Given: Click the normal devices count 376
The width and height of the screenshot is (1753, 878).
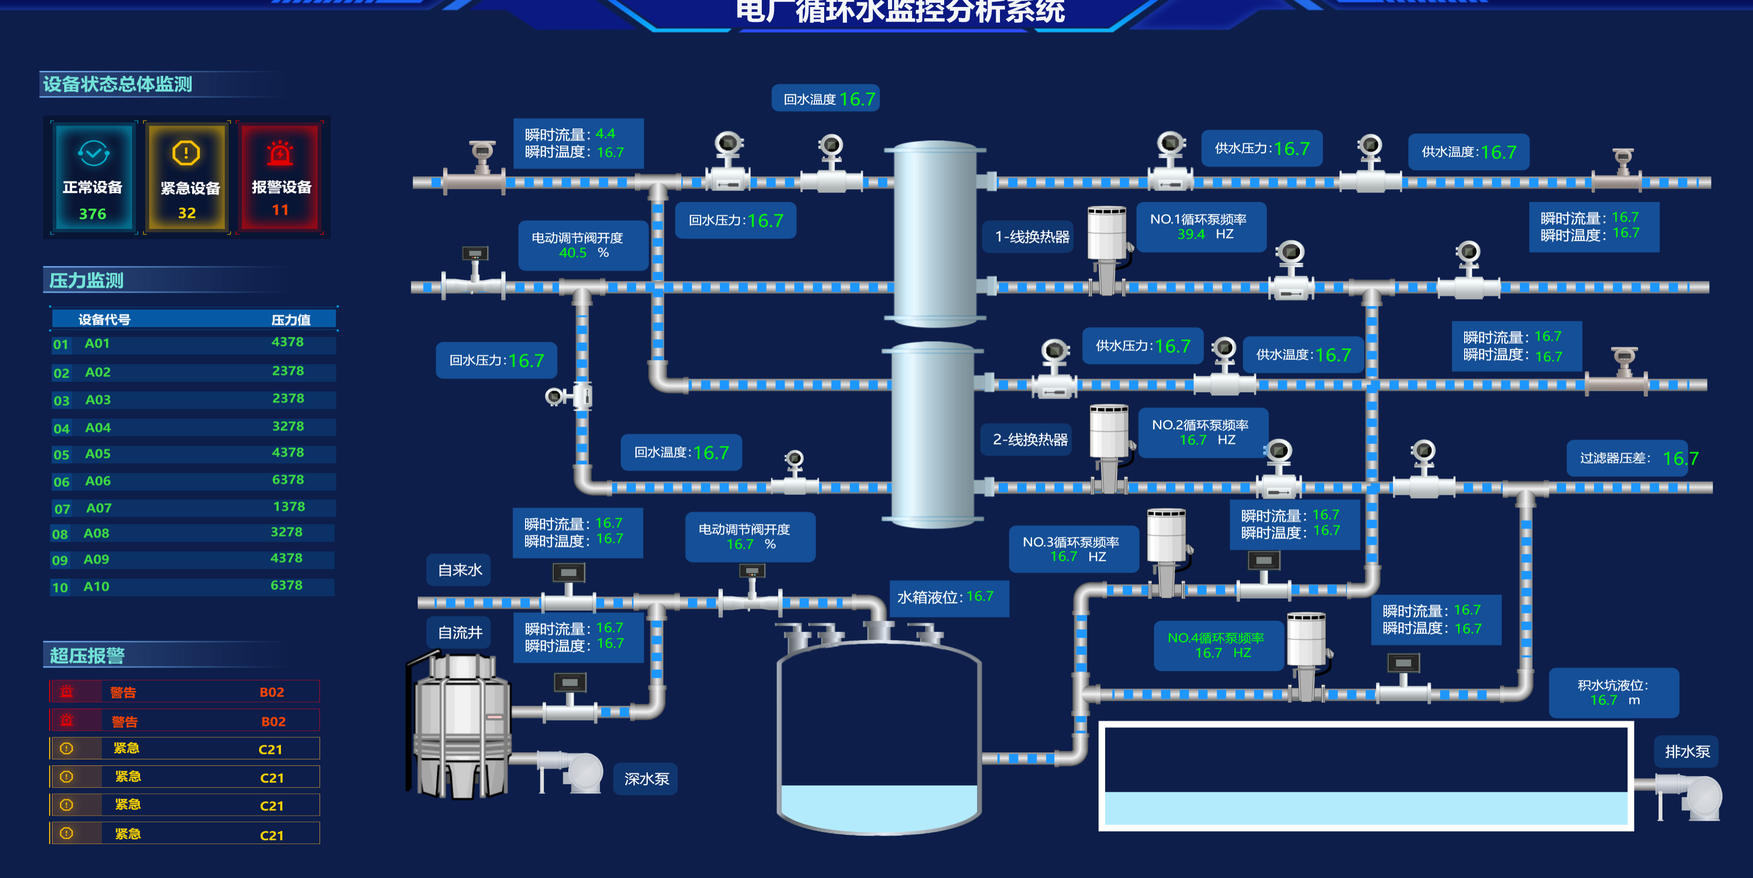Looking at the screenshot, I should tap(93, 214).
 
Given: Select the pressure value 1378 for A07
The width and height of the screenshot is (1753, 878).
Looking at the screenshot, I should tap(288, 506).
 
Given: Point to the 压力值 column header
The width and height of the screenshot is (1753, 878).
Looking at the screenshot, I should tap(291, 319).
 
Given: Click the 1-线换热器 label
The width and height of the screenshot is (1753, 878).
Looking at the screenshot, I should tap(1032, 237).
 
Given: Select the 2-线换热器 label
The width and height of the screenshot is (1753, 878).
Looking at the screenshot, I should tap(1030, 439).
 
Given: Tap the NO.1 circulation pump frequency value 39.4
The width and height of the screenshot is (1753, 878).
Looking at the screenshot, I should tap(1191, 234).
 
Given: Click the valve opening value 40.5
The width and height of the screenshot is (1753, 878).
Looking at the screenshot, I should tap(572, 253).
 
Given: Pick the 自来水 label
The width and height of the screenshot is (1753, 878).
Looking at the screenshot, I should tap(460, 570).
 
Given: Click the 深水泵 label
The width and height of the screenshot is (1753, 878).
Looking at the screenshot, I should tap(647, 778).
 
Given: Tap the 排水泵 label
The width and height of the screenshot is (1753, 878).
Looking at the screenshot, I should tap(1687, 752).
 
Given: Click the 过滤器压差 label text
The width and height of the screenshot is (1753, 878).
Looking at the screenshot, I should tap(1615, 458).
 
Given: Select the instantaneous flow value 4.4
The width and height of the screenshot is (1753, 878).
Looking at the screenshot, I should tap(605, 134).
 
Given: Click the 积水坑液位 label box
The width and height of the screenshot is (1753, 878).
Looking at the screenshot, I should tap(1613, 692).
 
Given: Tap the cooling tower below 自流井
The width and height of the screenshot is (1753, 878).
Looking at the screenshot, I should tap(461, 725).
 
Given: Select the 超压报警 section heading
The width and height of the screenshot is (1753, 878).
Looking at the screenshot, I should tap(87, 655).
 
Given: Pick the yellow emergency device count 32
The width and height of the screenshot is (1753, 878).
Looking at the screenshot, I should tap(187, 213).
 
